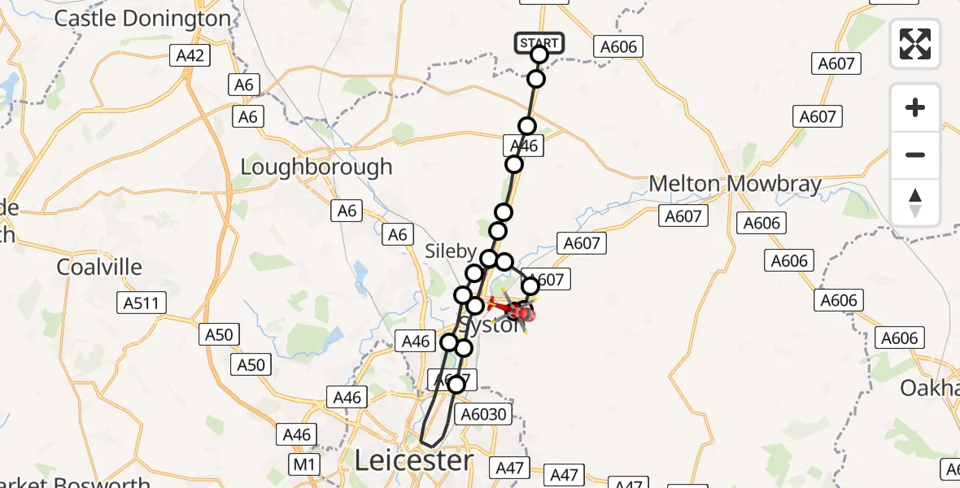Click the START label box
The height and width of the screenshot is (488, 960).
coord(539,43)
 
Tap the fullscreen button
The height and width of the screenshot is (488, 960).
coord(915,44)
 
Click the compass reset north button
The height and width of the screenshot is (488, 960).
coord(915,203)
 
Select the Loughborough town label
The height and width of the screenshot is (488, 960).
coord(316,168)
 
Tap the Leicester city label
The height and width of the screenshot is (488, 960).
coord(413,461)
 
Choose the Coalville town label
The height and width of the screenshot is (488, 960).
coord(99,267)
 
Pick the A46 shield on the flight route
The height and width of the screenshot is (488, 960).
coord(523,146)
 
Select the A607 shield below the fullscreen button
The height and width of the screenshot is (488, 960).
coord(836,63)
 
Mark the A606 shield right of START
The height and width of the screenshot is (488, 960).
coord(618,47)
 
